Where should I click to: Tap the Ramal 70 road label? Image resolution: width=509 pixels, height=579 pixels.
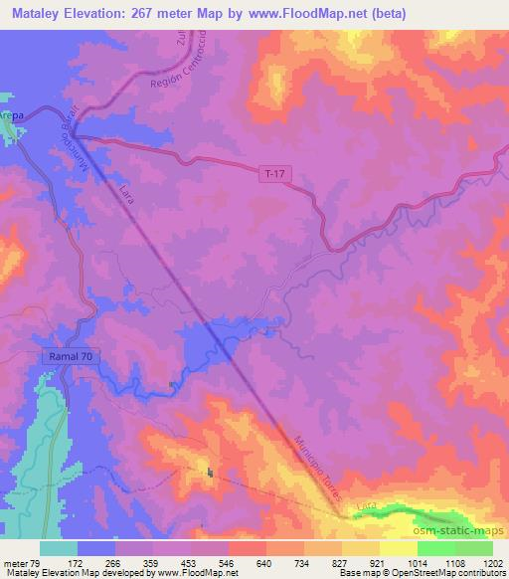(71, 355)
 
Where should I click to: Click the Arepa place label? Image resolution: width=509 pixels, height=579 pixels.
(11, 115)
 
